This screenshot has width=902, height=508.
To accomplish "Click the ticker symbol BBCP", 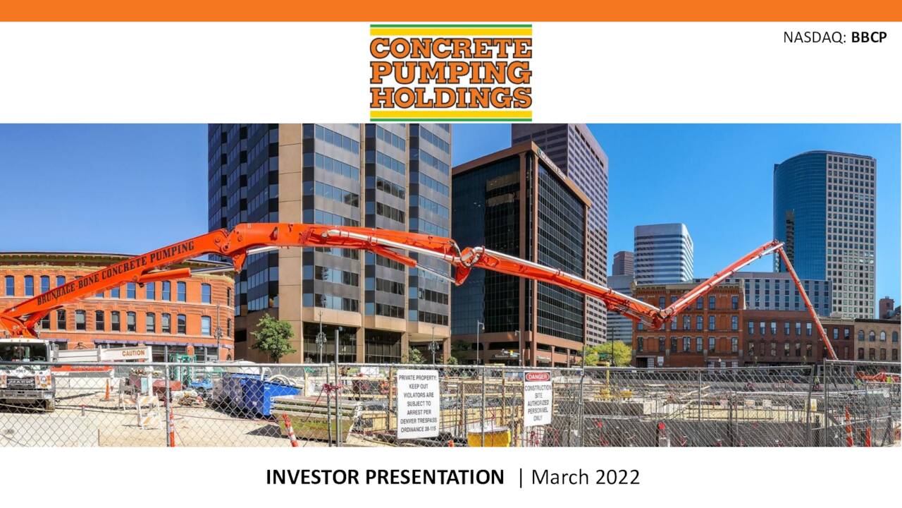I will pyautogui.click(x=868, y=37).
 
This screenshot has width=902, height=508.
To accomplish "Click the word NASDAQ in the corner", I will pyautogui.click(x=813, y=37).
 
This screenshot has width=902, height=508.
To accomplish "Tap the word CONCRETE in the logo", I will pyautogui.click(x=451, y=48).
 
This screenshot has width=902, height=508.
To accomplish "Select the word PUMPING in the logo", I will pyautogui.click(x=451, y=72).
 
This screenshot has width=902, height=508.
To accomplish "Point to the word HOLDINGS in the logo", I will pyautogui.click(x=451, y=97).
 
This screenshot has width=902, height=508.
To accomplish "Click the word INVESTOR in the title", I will pyautogui.click(x=308, y=478).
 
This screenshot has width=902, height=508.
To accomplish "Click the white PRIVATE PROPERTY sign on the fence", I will pyautogui.click(x=418, y=404).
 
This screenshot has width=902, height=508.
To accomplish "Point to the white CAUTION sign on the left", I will pyautogui.click(x=125, y=353).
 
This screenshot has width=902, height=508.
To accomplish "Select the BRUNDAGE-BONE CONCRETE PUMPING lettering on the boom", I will pyautogui.click(x=116, y=272).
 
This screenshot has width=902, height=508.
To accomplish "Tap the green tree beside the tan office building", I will pyautogui.click(x=273, y=337).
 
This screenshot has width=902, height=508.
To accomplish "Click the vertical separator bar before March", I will pyautogui.click(x=521, y=478).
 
